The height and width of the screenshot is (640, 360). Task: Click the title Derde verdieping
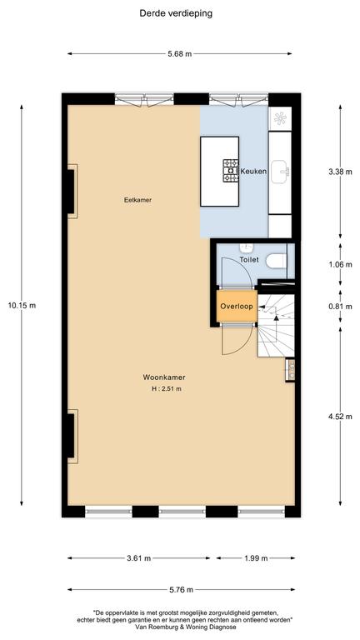click(x=176, y=13)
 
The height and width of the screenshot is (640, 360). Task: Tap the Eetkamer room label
click(x=138, y=200)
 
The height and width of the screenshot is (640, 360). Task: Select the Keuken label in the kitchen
click(x=253, y=172)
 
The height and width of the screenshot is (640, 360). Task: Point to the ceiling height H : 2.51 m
click(x=167, y=389)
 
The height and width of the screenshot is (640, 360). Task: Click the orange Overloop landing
click(x=237, y=306)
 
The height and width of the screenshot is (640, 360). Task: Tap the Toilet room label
click(x=249, y=260)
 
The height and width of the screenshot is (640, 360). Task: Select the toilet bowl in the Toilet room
click(x=277, y=260)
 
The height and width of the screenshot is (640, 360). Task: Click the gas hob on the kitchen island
click(x=231, y=170)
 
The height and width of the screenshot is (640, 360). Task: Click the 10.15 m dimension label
click(x=22, y=305)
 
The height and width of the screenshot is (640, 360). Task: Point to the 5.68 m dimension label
click(x=180, y=53)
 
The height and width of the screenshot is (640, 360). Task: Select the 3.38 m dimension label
click(x=340, y=172)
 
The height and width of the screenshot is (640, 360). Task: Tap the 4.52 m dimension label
click(x=340, y=417)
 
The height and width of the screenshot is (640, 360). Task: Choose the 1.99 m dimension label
click(x=256, y=558)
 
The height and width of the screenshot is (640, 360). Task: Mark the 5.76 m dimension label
click(x=181, y=589)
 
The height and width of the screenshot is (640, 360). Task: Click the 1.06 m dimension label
click(x=340, y=264)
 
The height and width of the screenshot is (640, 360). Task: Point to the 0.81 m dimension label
click(x=340, y=307)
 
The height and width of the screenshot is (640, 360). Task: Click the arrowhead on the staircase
click(x=277, y=317)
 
